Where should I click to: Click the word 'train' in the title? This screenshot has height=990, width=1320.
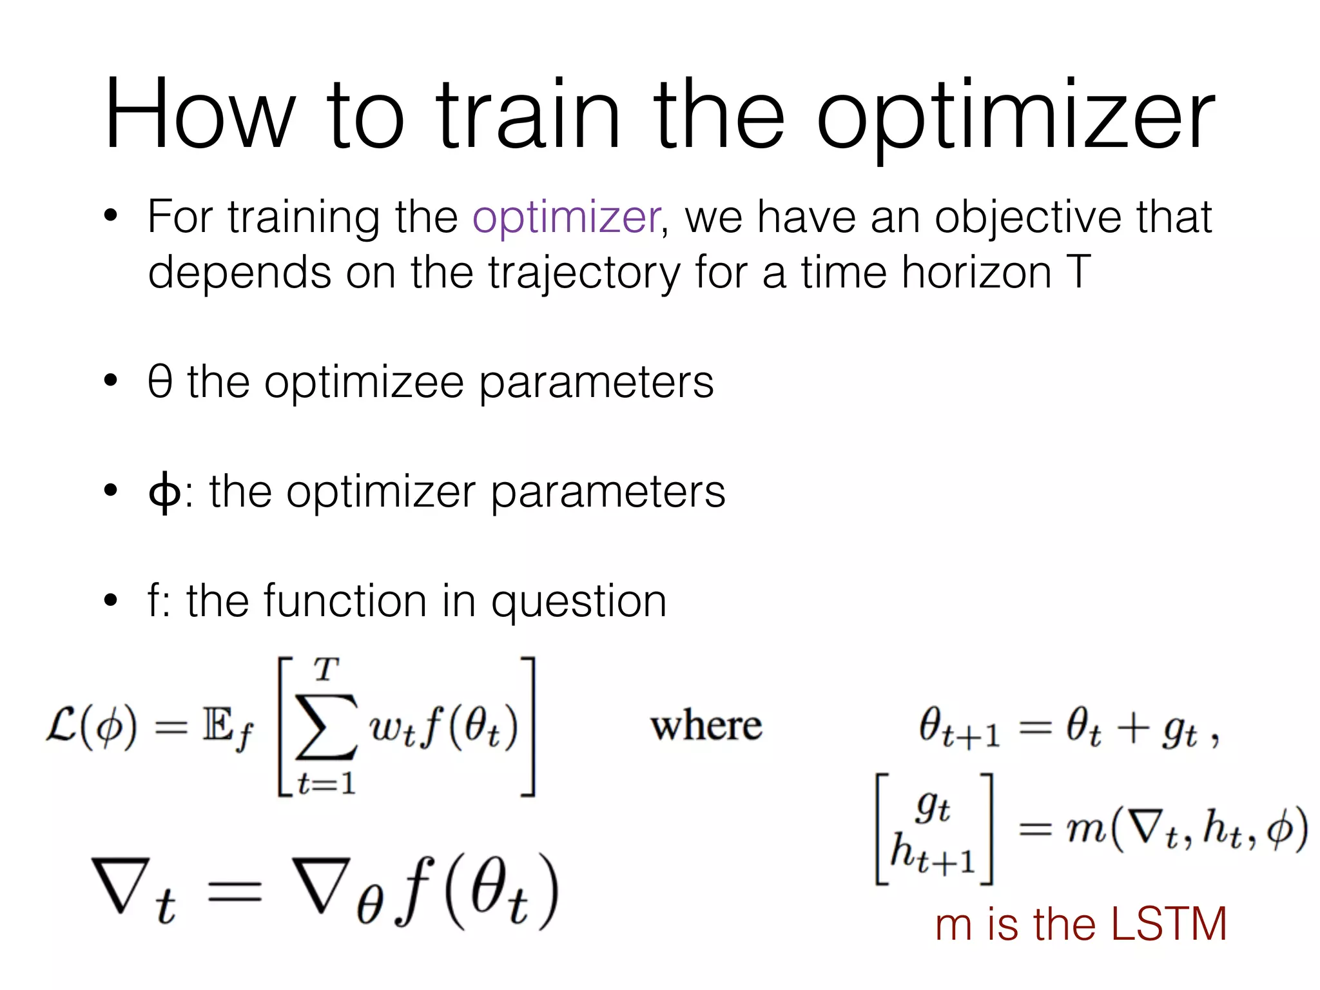pyautogui.click(x=529, y=116)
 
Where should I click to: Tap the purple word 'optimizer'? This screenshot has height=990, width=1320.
pyautogui.click(x=566, y=218)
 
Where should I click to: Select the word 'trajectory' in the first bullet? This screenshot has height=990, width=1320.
pyautogui.click(x=583, y=274)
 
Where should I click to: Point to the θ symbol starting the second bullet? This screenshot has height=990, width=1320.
pyautogui.click(x=160, y=382)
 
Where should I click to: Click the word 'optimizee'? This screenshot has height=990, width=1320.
pyautogui.click(x=364, y=383)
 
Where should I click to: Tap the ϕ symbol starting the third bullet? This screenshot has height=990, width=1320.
pyautogui.click(x=164, y=492)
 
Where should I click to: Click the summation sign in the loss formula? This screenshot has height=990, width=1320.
pyautogui.click(x=325, y=727)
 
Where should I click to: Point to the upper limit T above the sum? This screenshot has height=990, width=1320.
pyautogui.click(x=326, y=670)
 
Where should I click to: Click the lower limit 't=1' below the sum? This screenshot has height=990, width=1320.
pyautogui.click(x=326, y=784)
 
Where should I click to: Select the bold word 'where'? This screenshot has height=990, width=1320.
pyautogui.click(x=706, y=726)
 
